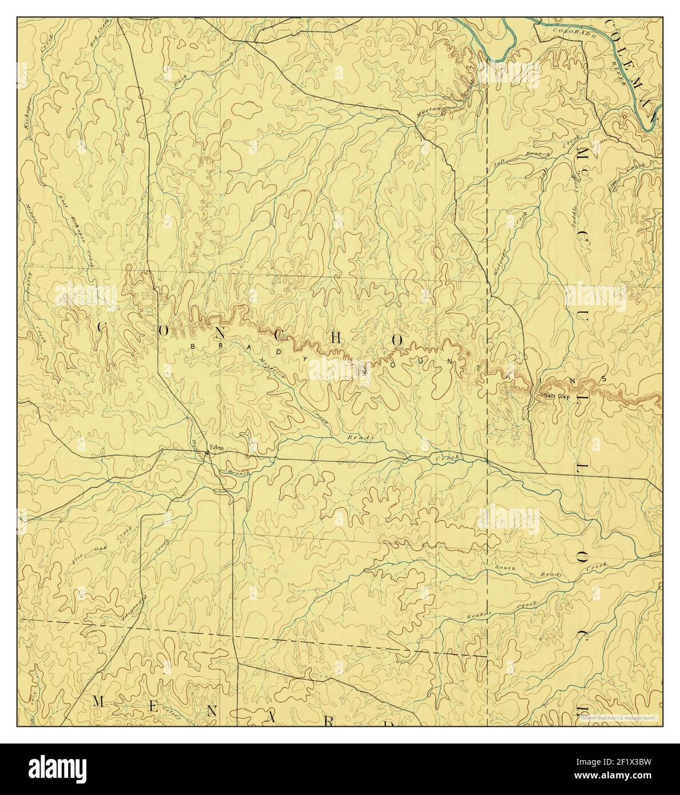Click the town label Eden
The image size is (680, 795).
pos(216,447)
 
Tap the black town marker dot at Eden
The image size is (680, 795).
pos(207,455)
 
